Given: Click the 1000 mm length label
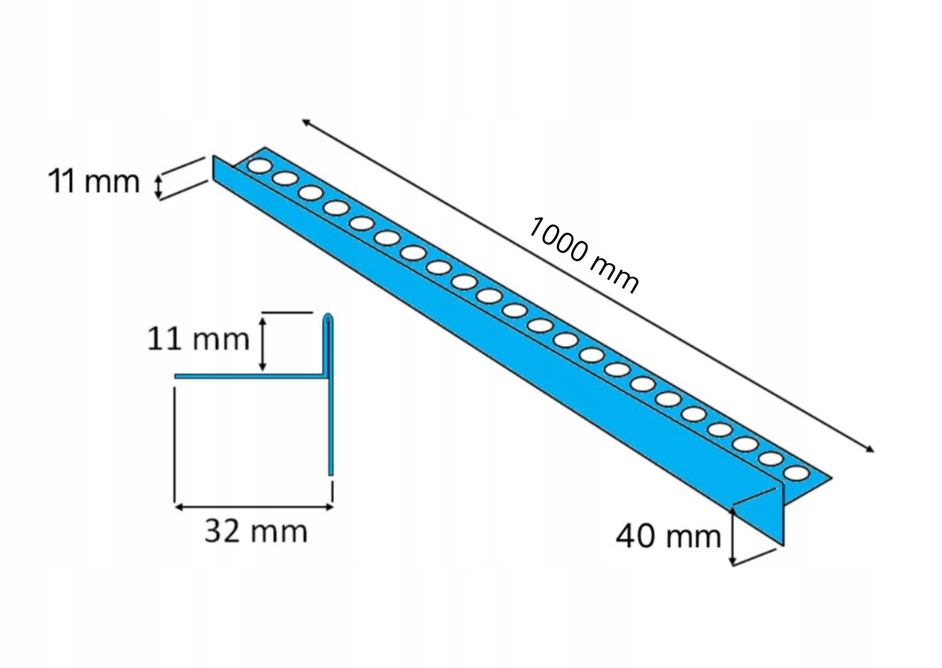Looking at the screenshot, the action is (582, 255).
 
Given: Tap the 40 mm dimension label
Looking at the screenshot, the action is (668, 536).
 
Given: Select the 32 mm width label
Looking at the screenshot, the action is (256, 531).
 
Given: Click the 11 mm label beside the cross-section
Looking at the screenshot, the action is (198, 340).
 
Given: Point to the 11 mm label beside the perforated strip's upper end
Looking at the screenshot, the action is (93, 182).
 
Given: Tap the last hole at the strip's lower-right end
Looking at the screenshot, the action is (795, 473).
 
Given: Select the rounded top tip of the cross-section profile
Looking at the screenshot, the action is (329, 318).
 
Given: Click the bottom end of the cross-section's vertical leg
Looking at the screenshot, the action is (330, 472).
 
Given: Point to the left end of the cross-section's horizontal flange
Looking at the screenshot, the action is (177, 375).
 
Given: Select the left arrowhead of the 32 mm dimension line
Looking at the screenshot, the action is (178, 505).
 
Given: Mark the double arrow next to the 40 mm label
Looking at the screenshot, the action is (732, 537).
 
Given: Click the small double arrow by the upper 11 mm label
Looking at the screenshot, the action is (157, 186).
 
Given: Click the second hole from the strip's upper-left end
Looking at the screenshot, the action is (283, 179).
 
